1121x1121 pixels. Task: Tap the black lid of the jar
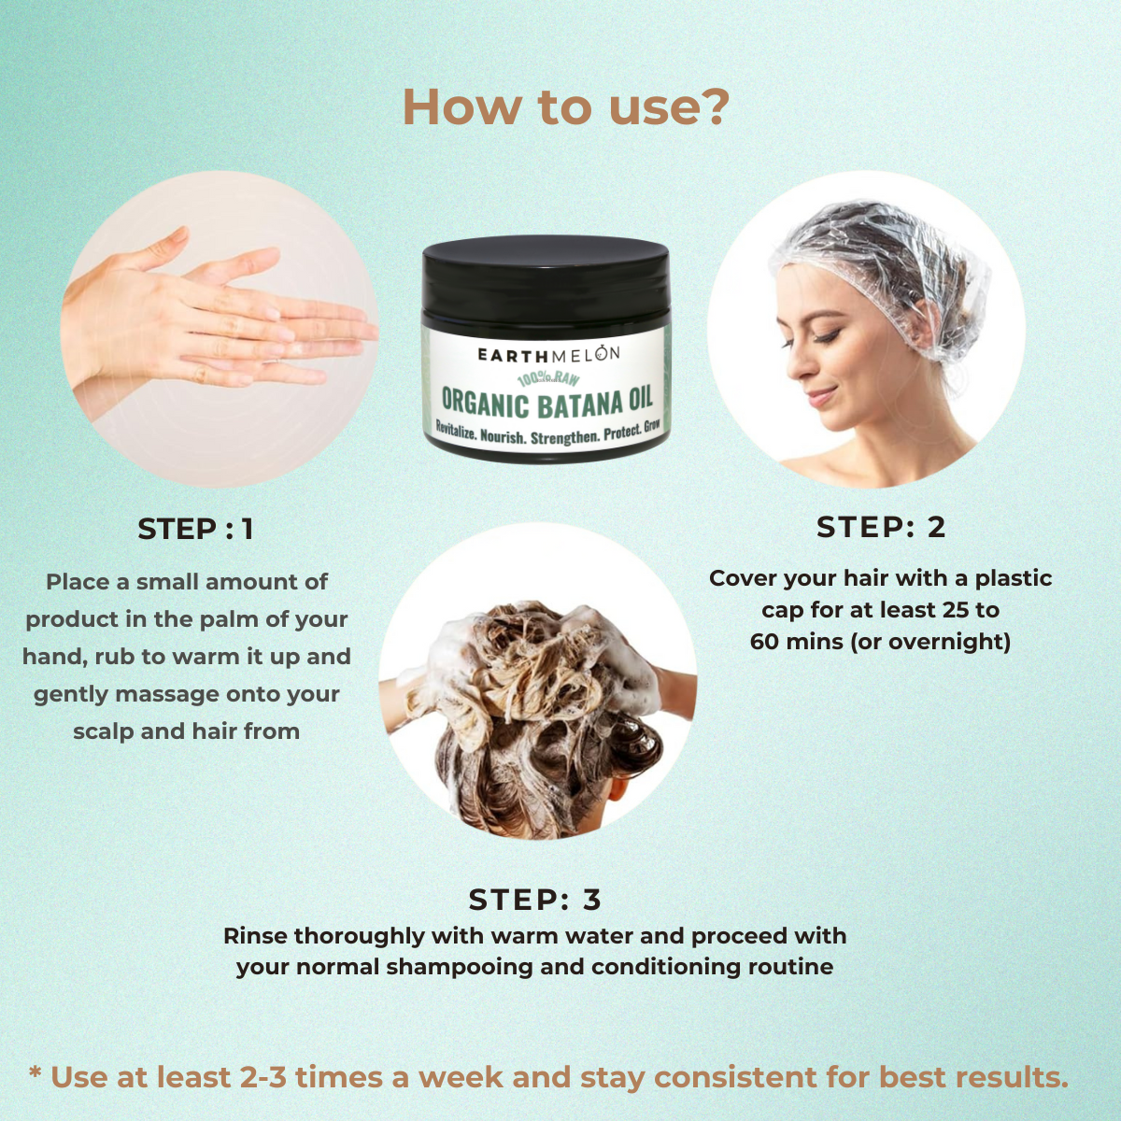coord(546,278)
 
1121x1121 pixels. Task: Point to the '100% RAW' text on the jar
coord(548,379)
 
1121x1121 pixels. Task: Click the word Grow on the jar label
coord(651,426)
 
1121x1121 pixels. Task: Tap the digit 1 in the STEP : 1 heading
coord(248,530)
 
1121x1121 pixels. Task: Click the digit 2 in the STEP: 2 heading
coord(936,527)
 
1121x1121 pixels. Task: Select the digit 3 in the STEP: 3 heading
coord(591,900)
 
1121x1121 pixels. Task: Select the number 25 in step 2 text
coord(957,610)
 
